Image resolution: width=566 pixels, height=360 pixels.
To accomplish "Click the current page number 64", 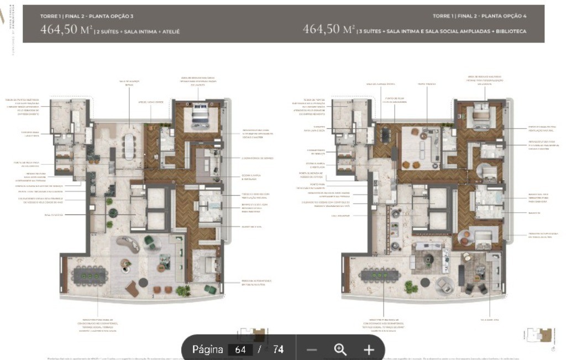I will tap(240, 349).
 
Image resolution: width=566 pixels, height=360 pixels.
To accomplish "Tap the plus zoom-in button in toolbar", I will tap(369, 349).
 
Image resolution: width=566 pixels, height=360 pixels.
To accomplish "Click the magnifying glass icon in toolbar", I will tap(340, 349).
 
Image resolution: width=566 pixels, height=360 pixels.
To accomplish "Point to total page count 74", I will tap(278, 349).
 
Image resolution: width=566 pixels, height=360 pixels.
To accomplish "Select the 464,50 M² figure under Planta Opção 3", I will tap(65, 30).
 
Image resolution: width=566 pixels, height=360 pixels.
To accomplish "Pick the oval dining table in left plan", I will tap(129, 147).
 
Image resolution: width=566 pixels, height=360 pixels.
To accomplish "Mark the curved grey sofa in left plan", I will tap(129, 244).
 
